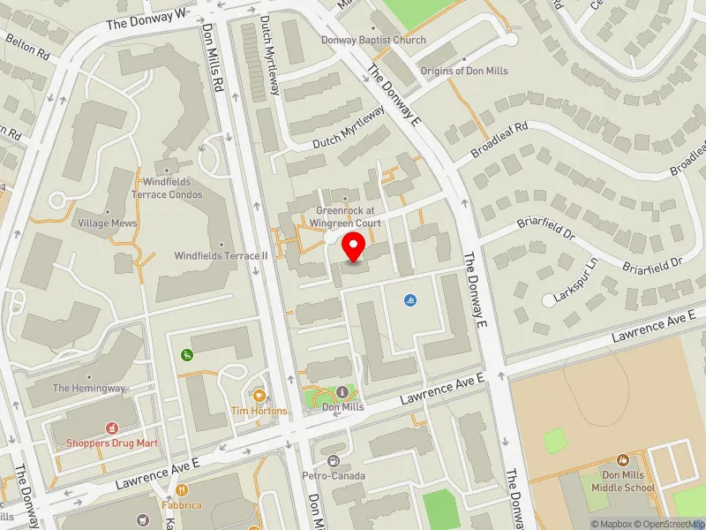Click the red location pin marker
(354, 246)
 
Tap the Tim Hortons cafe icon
(259, 395)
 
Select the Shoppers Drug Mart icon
(112, 428)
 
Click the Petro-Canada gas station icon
(333, 461)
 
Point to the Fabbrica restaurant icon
(182, 490)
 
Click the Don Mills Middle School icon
(623, 460)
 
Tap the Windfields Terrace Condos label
(167, 188)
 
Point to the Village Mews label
(108, 223)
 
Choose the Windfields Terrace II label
(221, 255)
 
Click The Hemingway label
(89, 388)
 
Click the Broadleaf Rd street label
(499, 140)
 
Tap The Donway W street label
(147, 18)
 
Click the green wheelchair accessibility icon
(187, 355)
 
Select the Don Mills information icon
(342, 391)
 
